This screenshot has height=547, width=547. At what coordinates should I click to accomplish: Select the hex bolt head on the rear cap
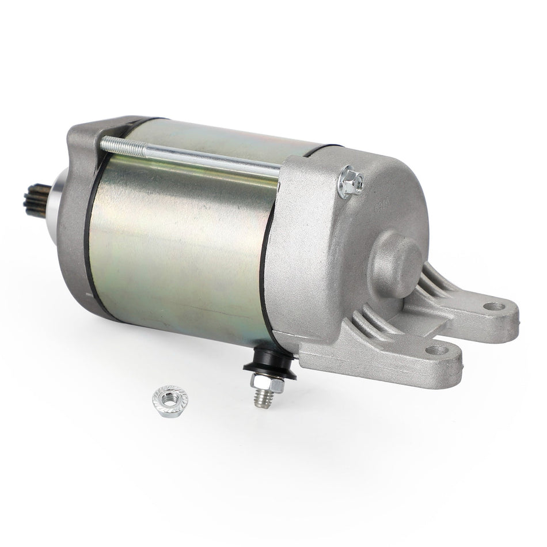(350, 182)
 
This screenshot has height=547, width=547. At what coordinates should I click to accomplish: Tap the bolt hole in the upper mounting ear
(493, 306)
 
